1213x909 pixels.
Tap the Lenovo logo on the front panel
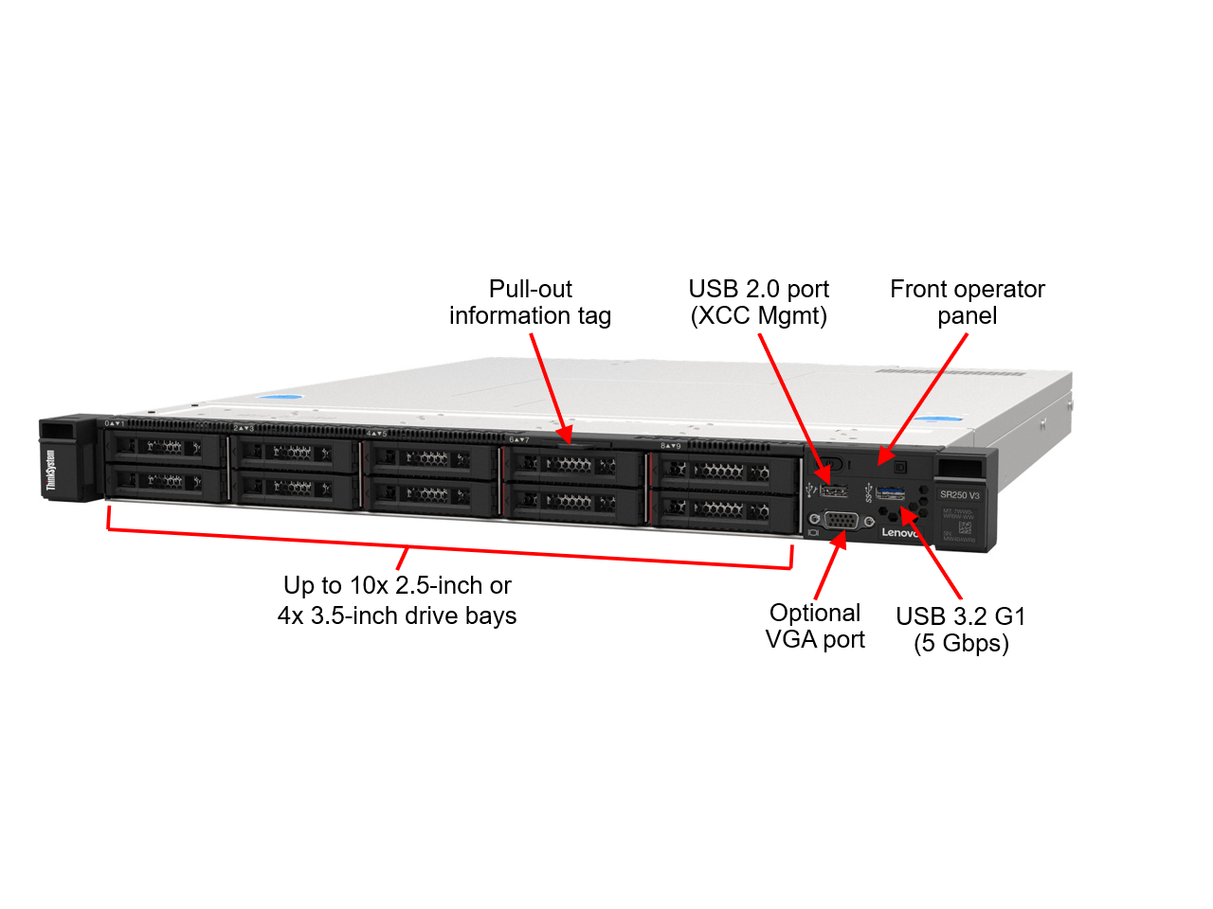pyautogui.click(x=899, y=533)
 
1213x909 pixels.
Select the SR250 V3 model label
pyautogui.click(x=959, y=495)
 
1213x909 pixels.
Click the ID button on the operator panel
pyautogui.click(x=900, y=467)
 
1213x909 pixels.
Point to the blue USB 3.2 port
pyautogui.click(x=890, y=493)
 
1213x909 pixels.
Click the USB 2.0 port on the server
pyautogui.click(x=834, y=490)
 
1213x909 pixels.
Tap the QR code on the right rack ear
pyautogui.click(x=965, y=527)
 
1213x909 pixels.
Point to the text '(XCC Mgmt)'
pyautogui.click(x=758, y=316)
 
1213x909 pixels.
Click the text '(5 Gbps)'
pyautogui.click(x=961, y=644)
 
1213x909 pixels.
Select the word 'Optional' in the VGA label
pyautogui.click(x=815, y=613)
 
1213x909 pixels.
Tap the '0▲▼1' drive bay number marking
pyautogui.click(x=115, y=423)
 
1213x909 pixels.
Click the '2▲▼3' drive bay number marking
pyautogui.click(x=244, y=428)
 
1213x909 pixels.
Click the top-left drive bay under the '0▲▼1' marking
pyautogui.click(x=165, y=447)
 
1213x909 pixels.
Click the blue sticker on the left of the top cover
pyautogui.click(x=281, y=397)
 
